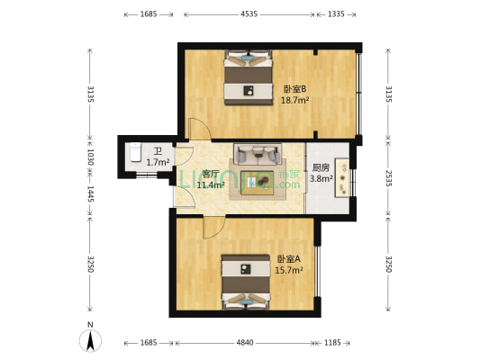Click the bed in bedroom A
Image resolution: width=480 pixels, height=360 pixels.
coord(247,282)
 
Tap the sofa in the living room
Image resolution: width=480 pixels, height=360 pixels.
coord(258,152)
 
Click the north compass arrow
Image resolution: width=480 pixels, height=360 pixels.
coord(90,339)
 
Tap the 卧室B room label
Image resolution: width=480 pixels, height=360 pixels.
coord(295,88)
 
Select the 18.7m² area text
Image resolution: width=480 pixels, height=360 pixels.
coord(295,101)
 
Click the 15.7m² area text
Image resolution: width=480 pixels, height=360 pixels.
coord(288,269)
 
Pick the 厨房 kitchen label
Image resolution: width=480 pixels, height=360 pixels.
coord(321,167)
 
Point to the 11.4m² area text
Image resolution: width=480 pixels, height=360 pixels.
coord(211,184)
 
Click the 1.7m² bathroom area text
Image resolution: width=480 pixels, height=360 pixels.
coord(158,162)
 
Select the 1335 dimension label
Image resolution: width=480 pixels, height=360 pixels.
coord(336,14)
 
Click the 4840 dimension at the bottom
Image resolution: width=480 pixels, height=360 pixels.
coord(245,343)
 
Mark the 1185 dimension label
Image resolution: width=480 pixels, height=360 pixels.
coord(334,343)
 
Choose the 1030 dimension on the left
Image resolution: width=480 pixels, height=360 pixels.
coord(90,156)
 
